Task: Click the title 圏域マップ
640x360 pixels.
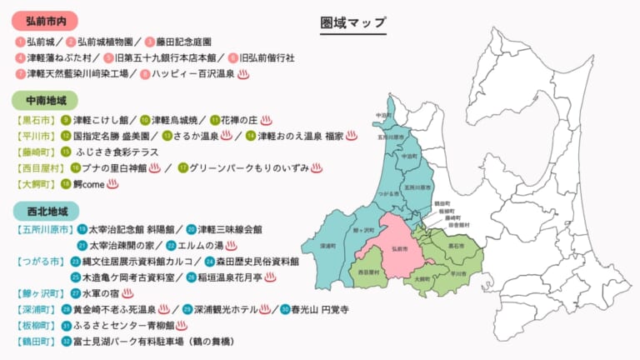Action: [x=353, y=23]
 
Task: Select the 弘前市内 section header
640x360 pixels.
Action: [x=47, y=19]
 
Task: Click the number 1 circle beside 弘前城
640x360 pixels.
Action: [x=19, y=41]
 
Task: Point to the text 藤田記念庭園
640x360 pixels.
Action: [x=184, y=41]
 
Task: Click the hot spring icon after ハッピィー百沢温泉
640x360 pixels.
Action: [x=244, y=74]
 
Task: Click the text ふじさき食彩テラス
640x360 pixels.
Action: [x=112, y=152]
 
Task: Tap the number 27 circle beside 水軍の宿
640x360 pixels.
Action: [x=76, y=293]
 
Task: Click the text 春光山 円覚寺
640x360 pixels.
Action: [x=320, y=309]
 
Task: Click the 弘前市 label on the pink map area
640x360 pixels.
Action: [x=398, y=248]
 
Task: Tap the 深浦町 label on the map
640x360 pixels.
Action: [x=328, y=247]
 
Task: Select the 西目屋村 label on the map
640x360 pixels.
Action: [x=368, y=272]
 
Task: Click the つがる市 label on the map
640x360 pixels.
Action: [x=385, y=192]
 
